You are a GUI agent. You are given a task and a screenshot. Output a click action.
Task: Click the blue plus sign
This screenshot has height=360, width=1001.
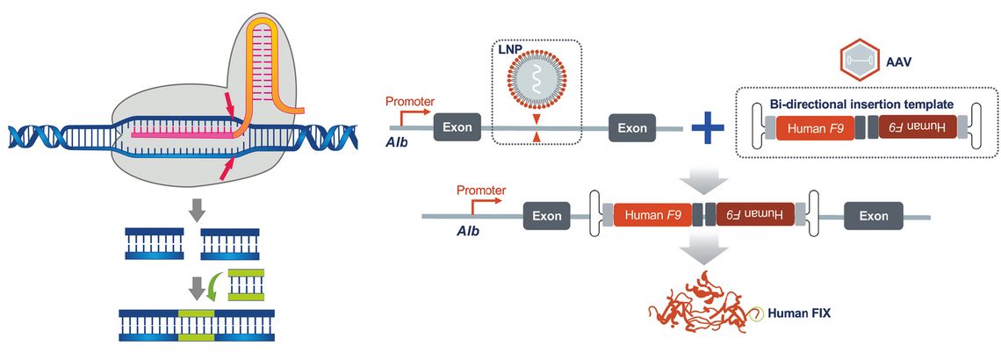click(708, 127)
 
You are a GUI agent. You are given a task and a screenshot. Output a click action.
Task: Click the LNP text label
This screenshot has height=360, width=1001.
click(508, 50)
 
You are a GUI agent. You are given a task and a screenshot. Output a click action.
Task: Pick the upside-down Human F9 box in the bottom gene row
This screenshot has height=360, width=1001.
click(755, 215)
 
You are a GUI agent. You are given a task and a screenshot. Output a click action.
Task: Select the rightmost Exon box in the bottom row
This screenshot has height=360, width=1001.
click(874, 216)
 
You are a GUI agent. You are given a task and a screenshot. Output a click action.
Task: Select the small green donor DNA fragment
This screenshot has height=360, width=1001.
click(246, 284)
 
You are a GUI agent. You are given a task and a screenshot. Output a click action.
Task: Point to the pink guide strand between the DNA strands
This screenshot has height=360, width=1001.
click(182, 134)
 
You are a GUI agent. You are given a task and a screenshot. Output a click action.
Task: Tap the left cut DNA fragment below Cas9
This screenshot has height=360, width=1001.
click(154, 243)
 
